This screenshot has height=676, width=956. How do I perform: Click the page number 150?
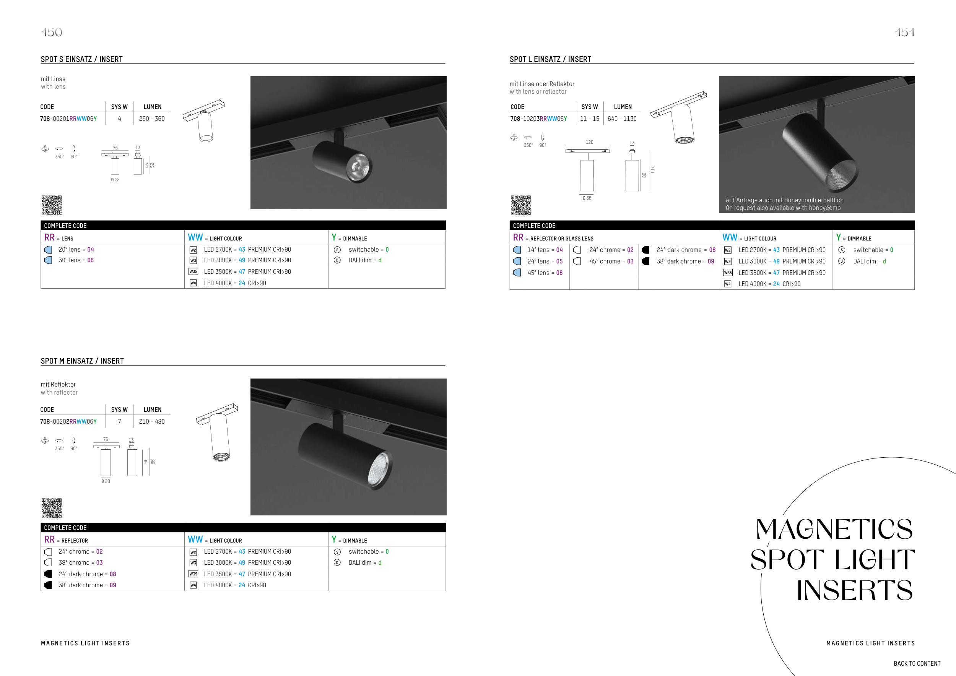coord(52,32)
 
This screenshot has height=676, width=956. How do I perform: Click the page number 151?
coord(905,32)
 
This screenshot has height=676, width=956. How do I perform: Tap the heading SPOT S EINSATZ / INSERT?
coord(81,59)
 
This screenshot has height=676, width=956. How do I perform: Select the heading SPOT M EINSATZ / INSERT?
coord(82,361)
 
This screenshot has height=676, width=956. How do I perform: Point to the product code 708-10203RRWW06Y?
coord(538,119)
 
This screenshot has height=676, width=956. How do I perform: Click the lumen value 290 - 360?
coord(151,119)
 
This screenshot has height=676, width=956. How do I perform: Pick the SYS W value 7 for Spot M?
coord(119,422)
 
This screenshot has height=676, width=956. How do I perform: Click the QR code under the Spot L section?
coord(520,205)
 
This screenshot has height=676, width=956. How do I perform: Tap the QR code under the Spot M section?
coord(52,508)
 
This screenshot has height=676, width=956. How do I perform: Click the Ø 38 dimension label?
coord(587,198)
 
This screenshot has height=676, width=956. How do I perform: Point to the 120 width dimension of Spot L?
coord(590,142)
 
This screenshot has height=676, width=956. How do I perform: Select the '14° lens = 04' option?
coord(545,250)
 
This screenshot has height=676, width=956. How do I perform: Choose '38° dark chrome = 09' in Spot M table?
coord(88,585)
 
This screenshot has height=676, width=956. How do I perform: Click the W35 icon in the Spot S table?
coord(193,271)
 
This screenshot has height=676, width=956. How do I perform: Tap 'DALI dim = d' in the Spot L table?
coord(870,262)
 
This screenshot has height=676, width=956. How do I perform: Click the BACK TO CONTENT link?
coord(917,663)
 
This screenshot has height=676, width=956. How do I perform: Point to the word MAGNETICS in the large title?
coord(834,529)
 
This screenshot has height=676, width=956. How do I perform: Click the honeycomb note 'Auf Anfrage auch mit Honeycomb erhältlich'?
coord(784,200)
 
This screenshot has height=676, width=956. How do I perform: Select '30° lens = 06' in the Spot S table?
coord(76,260)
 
